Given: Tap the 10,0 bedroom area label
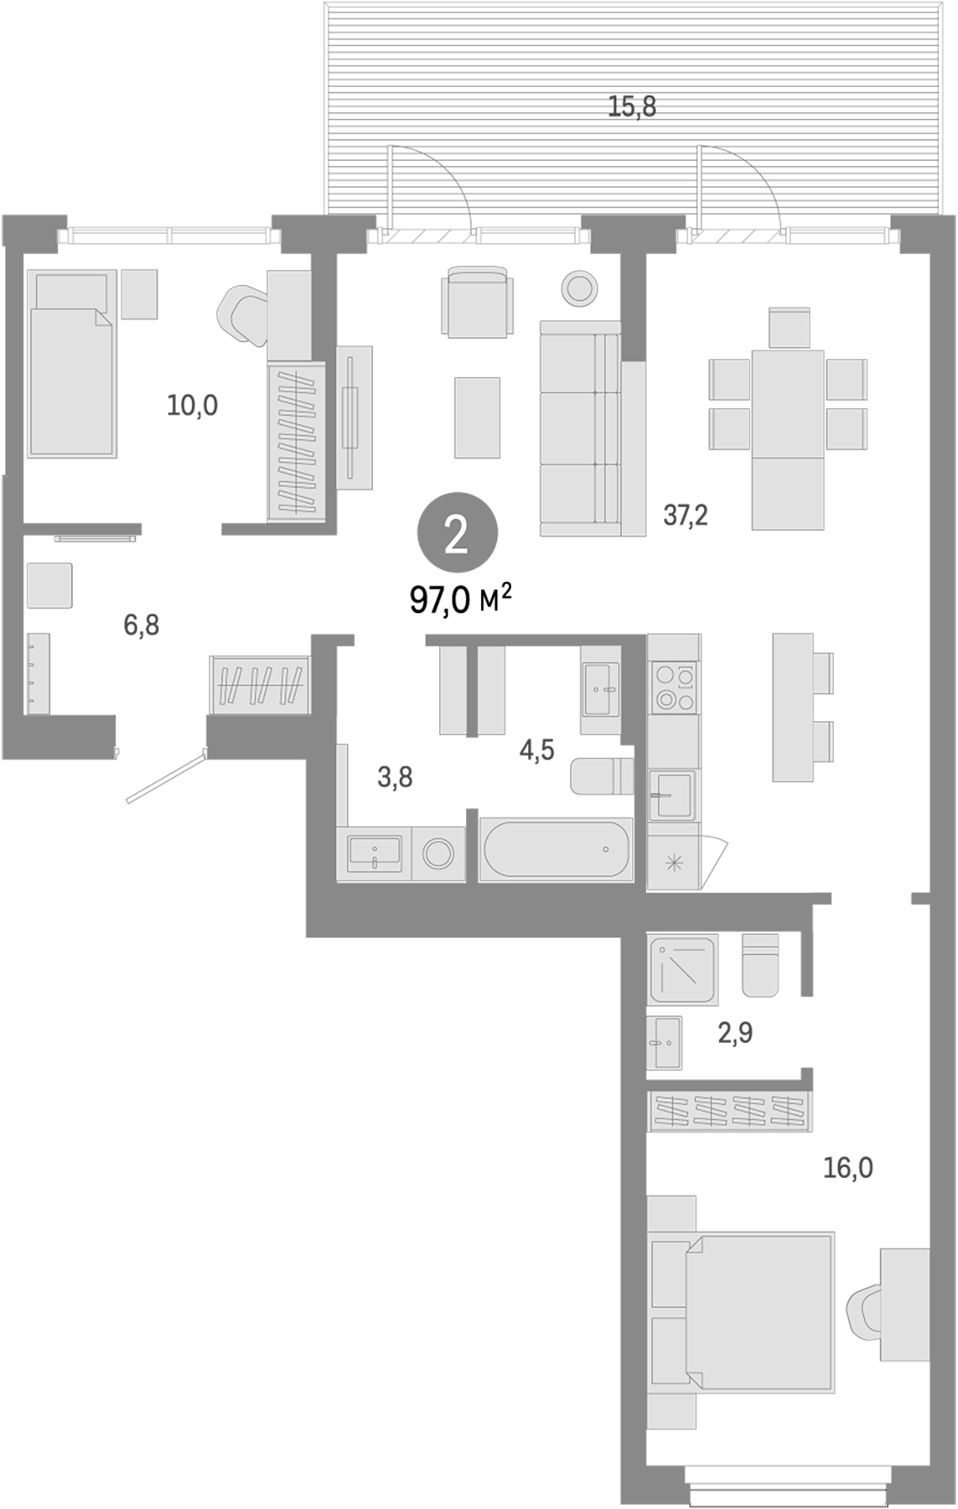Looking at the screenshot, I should coord(192,406).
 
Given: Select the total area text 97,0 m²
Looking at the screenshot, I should coord(460,600).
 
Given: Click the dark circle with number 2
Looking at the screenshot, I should coord(457,534).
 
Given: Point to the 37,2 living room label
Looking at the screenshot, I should coord(685,515).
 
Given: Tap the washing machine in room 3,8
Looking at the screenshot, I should coord(439,854).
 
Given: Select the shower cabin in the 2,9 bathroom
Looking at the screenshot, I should coord(682,970).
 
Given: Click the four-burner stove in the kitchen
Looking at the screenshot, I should coord(675,687).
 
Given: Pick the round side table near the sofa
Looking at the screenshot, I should coord(578,288).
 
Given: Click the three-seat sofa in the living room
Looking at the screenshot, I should coord(580,428).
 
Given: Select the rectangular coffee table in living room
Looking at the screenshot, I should coord(477,417).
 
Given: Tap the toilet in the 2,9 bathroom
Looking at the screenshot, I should coord(759,966).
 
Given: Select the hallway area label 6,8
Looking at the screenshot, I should coord(141,625).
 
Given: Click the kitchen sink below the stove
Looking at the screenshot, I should coord(672,795).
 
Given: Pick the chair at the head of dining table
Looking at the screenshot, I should coord(789,327).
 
